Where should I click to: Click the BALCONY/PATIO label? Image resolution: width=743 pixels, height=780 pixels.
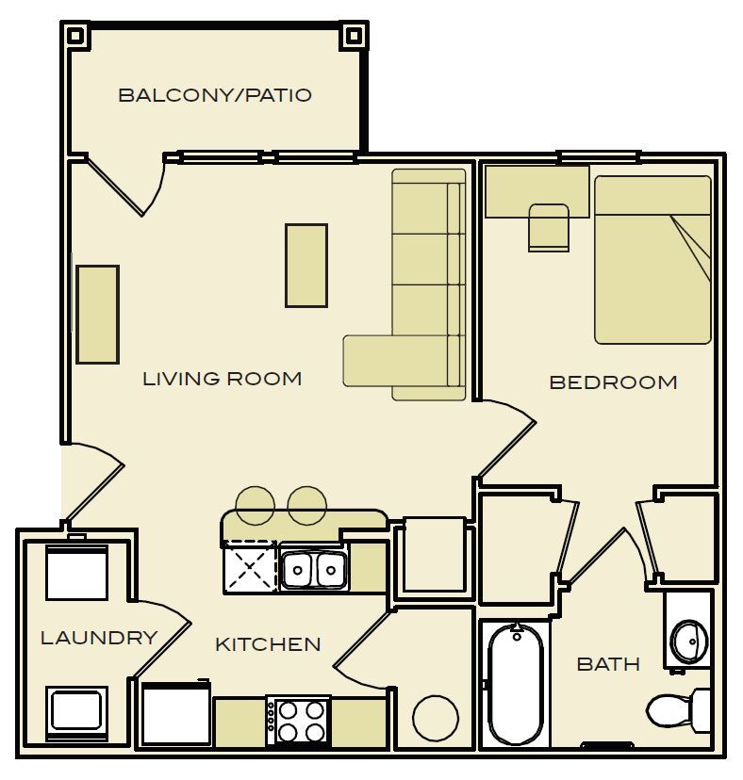215,95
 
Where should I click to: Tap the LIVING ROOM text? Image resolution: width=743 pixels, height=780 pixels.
223,379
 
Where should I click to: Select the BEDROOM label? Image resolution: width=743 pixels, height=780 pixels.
613,382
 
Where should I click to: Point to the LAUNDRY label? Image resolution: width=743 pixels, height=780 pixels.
98,638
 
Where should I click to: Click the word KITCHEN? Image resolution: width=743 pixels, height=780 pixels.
268,644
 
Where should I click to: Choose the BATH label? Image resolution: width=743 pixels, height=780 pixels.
608,664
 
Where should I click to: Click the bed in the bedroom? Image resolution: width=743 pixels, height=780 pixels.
652,259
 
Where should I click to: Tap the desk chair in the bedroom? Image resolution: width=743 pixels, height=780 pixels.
549,227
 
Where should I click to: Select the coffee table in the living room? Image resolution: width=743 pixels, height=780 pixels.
306,265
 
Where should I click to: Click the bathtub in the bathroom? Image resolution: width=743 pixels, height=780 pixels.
515,682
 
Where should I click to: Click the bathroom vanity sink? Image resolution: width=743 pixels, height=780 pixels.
688,642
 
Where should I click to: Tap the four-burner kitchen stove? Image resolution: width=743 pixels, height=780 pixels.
299,722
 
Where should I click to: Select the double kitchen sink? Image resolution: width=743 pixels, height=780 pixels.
314,568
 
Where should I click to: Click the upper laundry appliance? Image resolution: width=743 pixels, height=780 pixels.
76,573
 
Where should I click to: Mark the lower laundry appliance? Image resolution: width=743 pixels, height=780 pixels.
76,711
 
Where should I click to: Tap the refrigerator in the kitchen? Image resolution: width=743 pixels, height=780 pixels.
176,714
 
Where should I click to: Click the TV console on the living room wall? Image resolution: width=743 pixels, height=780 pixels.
98,315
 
